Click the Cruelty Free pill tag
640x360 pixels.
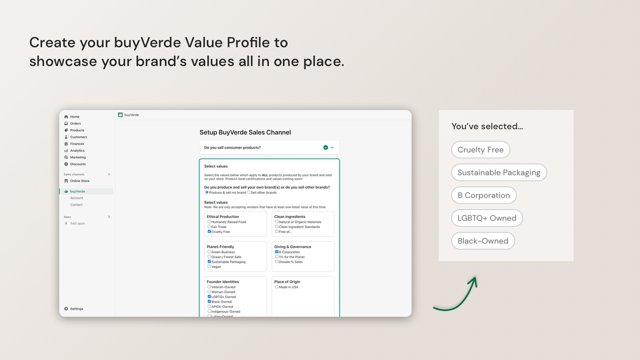point(480,149)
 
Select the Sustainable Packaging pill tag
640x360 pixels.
point(499,172)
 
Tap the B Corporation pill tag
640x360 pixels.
point(483,195)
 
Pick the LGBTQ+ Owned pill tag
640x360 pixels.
point(486,218)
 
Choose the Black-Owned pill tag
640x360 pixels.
point(482,241)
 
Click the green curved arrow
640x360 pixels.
point(455,295)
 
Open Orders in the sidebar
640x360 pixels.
point(75,123)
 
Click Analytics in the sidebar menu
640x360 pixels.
point(77,150)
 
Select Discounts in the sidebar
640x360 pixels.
point(77,164)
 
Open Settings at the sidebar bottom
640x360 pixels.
point(76,309)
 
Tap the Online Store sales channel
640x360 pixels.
point(79,181)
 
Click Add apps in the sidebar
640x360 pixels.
point(77,223)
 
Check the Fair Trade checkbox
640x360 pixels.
point(209,226)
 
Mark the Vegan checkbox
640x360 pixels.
point(209,266)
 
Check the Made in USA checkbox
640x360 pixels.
point(277,287)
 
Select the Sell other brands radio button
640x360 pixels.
point(248,192)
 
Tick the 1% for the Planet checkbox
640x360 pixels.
point(277,257)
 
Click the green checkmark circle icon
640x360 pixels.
point(325,147)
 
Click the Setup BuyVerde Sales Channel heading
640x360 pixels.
point(245,132)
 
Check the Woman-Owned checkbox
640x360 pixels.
point(209,292)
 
